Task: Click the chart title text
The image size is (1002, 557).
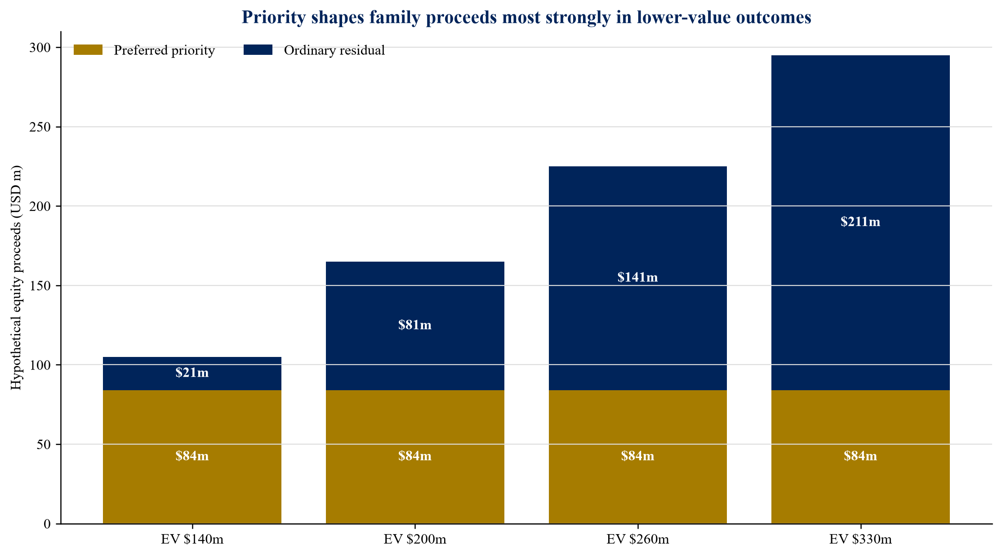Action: click(x=526, y=18)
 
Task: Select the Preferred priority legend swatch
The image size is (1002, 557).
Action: click(x=88, y=50)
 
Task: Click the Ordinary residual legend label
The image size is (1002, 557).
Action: click(x=334, y=50)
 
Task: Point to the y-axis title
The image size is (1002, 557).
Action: click(x=16, y=278)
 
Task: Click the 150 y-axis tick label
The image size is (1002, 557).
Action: click(x=40, y=286)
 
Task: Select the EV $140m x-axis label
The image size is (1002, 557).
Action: click(x=192, y=539)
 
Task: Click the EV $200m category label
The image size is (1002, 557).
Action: click(x=415, y=539)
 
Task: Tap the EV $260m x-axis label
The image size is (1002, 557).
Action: click(x=638, y=539)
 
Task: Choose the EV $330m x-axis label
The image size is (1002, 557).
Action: click(x=860, y=539)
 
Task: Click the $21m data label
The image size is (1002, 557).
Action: click(x=192, y=373)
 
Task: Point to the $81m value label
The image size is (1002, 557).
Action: click(x=415, y=325)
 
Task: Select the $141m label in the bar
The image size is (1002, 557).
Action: click(x=638, y=277)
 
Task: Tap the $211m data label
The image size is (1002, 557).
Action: click(x=860, y=222)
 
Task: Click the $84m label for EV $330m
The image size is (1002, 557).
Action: click(x=860, y=456)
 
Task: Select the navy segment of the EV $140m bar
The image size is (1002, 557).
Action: click(x=192, y=374)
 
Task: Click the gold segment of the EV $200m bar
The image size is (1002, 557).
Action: click(x=415, y=457)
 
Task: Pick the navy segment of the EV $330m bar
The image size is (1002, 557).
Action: click(x=860, y=223)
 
